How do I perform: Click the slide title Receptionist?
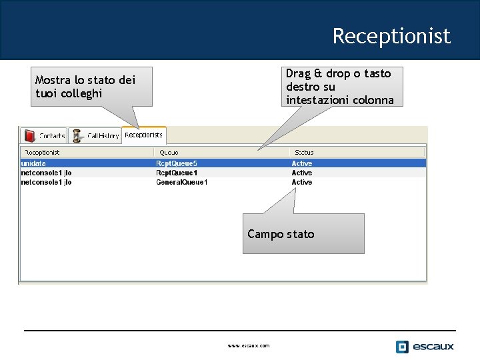point(391,35)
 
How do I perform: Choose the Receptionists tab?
point(143,135)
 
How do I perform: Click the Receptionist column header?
point(42,152)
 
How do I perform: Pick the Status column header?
point(304,152)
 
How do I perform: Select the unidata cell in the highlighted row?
point(33,163)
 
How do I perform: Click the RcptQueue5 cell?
point(177,163)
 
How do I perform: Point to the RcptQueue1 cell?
point(177,173)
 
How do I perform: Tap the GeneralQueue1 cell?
point(182,182)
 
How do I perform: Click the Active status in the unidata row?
point(302,163)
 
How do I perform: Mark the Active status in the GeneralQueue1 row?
point(302,182)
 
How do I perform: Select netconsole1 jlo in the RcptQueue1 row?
point(46,173)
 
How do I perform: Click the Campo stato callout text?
point(281,234)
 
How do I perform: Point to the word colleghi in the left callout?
point(81,93)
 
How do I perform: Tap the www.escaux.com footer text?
point(249,345)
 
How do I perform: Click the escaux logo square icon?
point(402,347)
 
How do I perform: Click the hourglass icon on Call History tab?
point(77,135)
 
